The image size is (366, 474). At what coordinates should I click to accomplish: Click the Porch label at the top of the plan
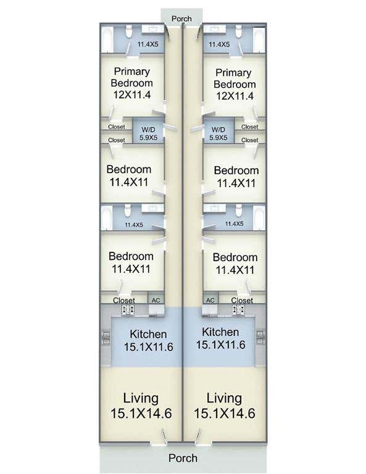(x=181, y=19)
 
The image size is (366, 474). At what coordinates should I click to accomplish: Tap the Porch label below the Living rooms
(x=183, y=458)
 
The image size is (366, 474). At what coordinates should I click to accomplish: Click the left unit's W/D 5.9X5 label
(x=148, y=133)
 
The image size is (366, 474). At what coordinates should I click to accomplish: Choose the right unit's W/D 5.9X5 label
(x=218, y=133)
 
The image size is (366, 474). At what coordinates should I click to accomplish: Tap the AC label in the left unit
(x=156, y=301)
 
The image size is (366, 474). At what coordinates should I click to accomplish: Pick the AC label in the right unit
(x=210, y=301)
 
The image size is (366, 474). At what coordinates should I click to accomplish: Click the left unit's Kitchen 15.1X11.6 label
(x=148, y=341)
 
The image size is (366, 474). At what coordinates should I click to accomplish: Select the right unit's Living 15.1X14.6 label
(x=224, y=405)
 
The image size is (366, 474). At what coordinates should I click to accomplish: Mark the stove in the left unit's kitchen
(x=128, y=310)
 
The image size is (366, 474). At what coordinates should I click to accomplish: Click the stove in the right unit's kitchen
(x=238, y=310)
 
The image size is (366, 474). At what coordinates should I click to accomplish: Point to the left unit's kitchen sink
(x=106, y=338)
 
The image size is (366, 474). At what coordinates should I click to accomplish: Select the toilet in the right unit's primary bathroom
(x=239, y=31)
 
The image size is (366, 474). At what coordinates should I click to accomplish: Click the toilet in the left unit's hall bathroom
(x=128, y=210)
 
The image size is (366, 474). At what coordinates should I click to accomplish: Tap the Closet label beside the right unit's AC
(x=242, y=301)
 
